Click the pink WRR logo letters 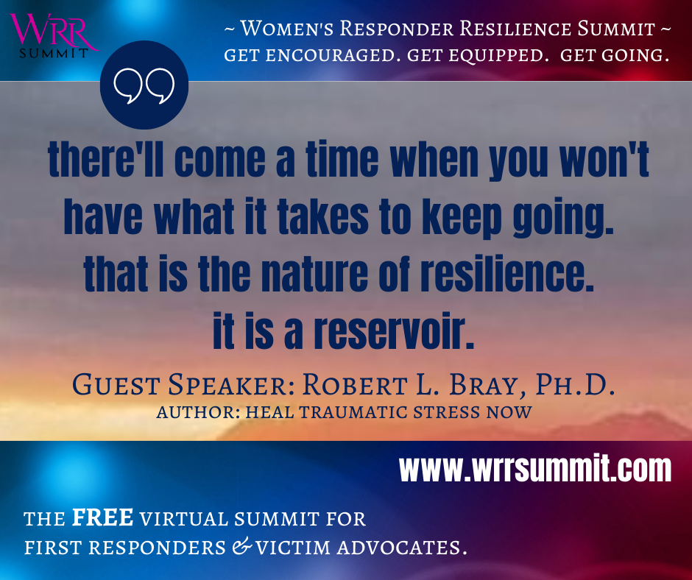53,31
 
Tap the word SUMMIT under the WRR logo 54,54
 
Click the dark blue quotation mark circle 144,85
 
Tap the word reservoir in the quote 394,330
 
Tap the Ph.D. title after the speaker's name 576,384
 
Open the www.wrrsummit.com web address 535,469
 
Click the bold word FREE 102,517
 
